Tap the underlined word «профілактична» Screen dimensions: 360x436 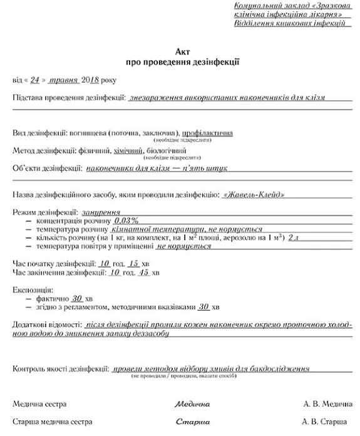(x=207, y=133)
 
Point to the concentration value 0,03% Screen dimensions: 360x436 (x=125, y=221)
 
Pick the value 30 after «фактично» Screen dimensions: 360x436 (x=78, y=298)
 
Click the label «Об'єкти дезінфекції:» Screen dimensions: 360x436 (x=47, y=169)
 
